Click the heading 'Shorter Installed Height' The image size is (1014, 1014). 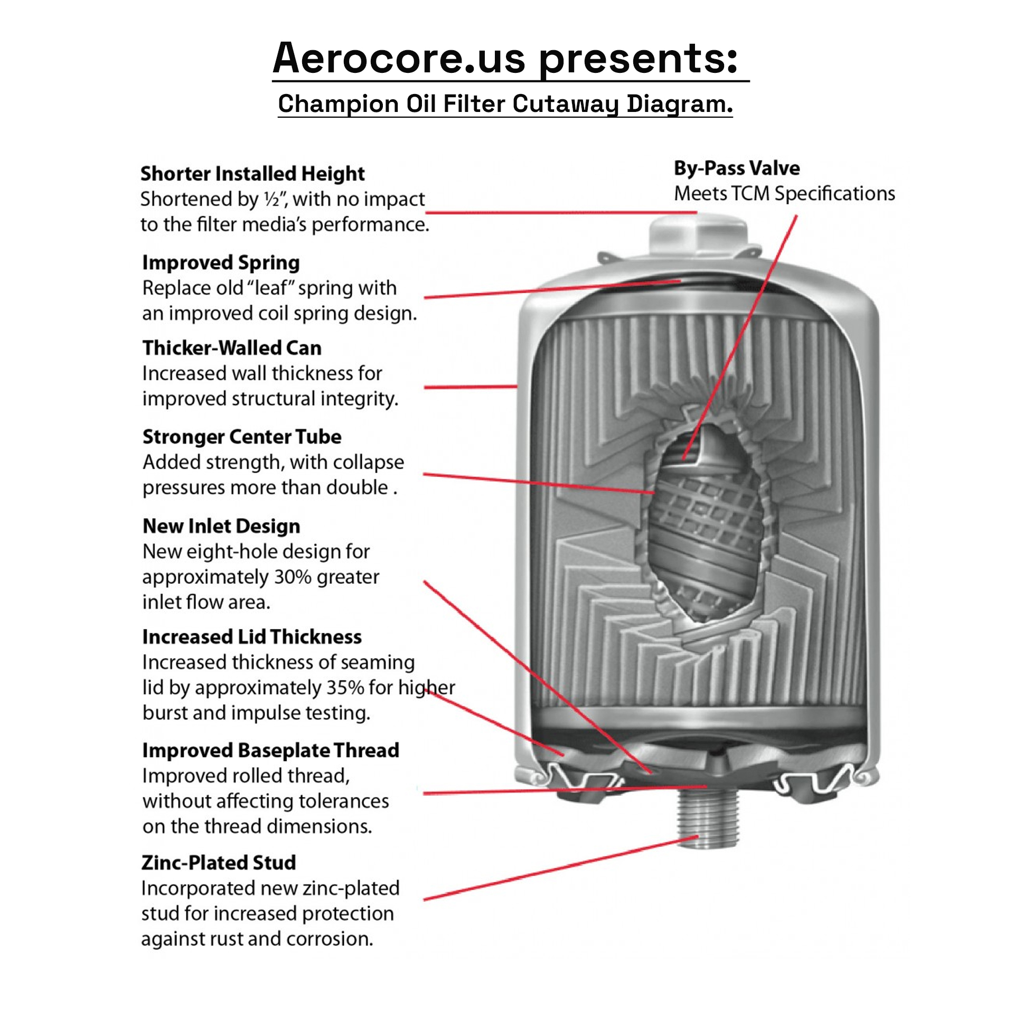pyautogui.click(x=252, y=174)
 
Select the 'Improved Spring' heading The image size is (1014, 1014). pyautogui.click(x=221, y=262)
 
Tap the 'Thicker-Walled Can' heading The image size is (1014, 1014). pyautogui.click(x=232, y=348)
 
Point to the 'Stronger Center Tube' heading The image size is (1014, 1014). pyautogui.click(x=242, y=437)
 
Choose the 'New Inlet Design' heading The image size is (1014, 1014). pyautogui.click(x=221, y=526)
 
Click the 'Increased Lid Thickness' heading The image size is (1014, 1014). pyautogui.click(x=252, y=637)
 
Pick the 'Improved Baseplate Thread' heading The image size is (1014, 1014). pyautogui.click(x=270, y=750)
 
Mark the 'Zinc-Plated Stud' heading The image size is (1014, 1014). pyautogui.click(x=219, y=863)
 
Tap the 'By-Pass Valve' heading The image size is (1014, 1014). pyautogui.click(x=737, y=168)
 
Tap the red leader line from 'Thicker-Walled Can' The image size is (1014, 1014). pyautogui.click(x=470, y=387)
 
